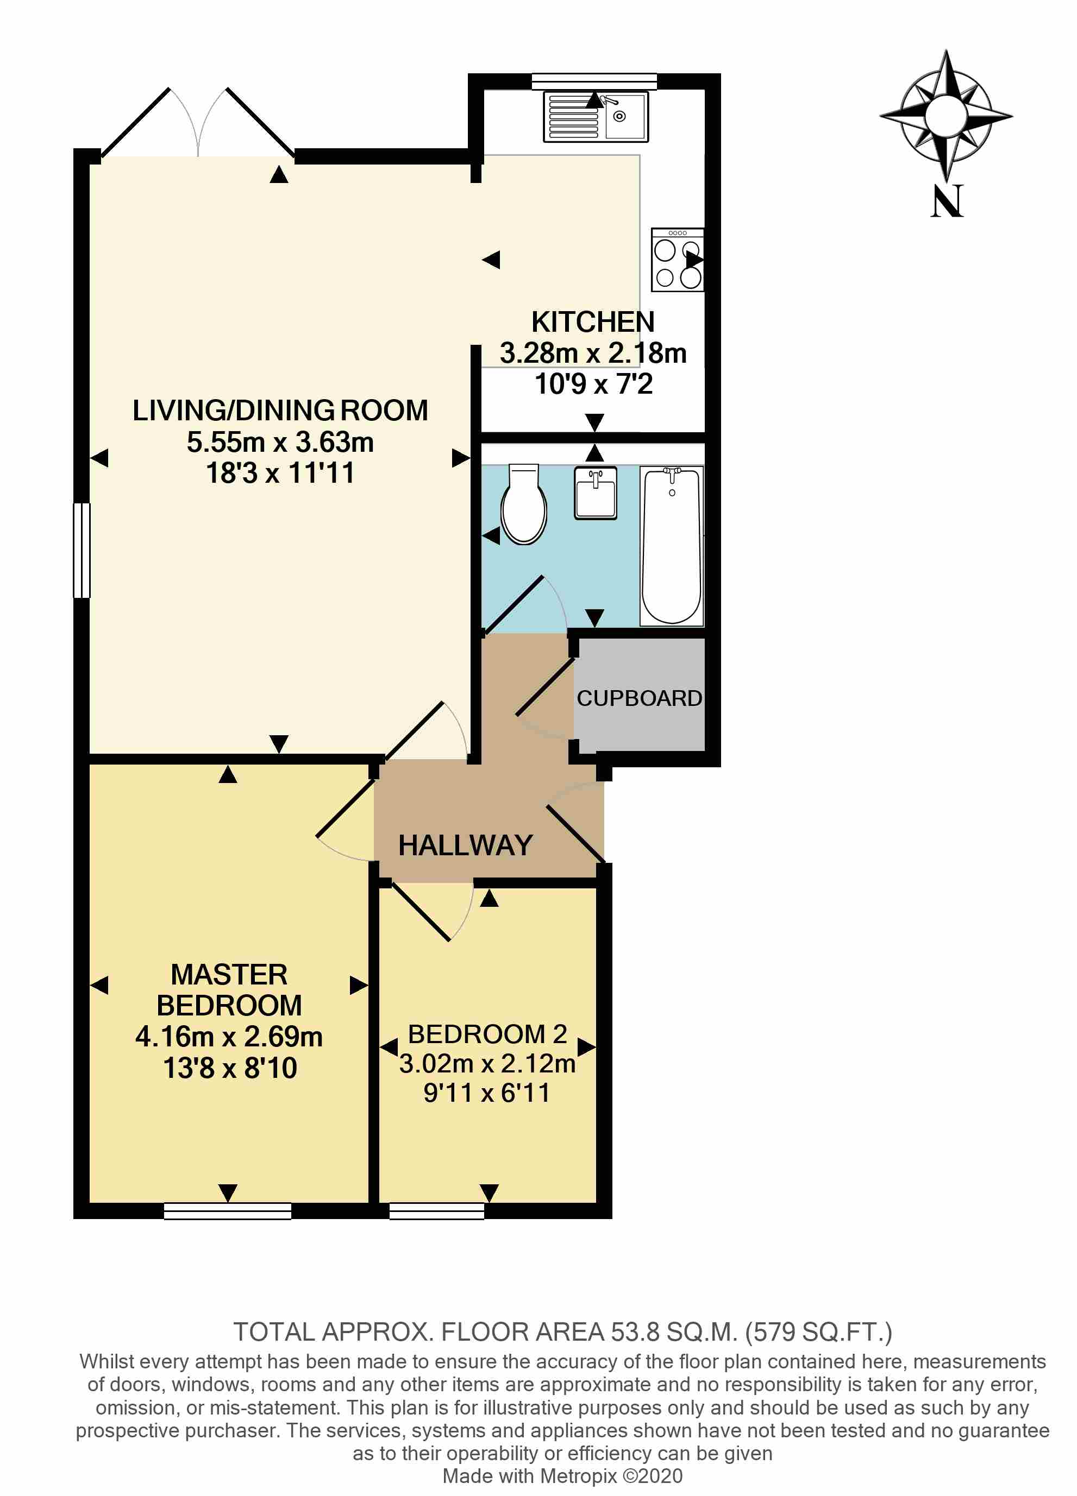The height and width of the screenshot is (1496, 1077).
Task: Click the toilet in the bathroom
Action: click(x=523, y=504)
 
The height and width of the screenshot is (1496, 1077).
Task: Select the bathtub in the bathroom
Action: click(x=672, y=546)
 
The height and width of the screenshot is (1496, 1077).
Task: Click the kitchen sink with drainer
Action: click(x=595, y=117)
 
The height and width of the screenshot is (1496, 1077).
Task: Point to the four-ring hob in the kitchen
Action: click(x=677, y=260)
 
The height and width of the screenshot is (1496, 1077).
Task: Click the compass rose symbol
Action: click(x=947, y=116)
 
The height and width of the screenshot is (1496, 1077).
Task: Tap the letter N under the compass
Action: click(x=947, y=201)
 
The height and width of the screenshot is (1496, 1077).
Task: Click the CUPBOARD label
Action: click(x=639, y=698)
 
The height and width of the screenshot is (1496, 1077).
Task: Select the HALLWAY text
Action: click(x=465, y=845)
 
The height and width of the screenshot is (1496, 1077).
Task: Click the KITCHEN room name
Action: click(x=593, y=322)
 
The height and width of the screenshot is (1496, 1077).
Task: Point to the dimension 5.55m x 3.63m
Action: click(x=280, y=442)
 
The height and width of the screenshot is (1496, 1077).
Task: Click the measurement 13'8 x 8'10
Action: click(x=230, y=1068)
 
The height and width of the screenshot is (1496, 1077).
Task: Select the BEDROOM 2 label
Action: click(x=487, y=1034)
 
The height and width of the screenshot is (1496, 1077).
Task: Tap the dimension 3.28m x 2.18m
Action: click(x=593, y=353)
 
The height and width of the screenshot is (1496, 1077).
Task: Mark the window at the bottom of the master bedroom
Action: click(x=228, y=1211)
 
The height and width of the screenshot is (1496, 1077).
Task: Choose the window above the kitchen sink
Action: click(x=594, y=81)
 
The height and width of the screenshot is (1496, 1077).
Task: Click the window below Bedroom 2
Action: click(x=436, y=1211)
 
